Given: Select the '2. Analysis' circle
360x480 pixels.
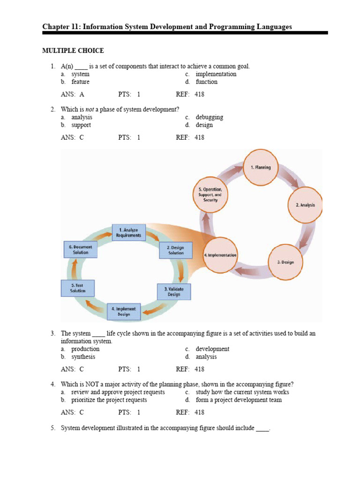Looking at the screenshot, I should tap(305, 205).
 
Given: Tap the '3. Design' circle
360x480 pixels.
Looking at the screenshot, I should tap(285, 262).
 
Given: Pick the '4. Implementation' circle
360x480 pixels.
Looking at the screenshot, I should tap(220, 255).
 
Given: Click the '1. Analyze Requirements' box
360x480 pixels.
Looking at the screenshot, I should tap(129, 232).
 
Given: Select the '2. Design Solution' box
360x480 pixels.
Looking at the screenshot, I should tap(172, 250).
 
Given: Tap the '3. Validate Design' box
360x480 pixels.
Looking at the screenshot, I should tap(173, 292).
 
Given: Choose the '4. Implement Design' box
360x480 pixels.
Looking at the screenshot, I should tap(124, 311).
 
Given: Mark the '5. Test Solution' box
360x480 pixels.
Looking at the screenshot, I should tap(78, 288).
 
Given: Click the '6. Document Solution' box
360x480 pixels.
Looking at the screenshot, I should tap(80, 249).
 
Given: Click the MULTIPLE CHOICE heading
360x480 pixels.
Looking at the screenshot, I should tap(73, 51).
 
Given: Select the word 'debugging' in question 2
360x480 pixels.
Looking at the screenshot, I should tap(209, 117).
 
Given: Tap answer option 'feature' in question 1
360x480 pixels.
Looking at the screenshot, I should tap(80, 82).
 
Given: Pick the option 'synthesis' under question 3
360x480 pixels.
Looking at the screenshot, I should tap(83, 357).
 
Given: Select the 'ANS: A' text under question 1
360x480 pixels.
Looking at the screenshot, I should tap(73, 94).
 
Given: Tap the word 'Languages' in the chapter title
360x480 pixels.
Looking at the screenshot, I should tap(273, 27).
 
